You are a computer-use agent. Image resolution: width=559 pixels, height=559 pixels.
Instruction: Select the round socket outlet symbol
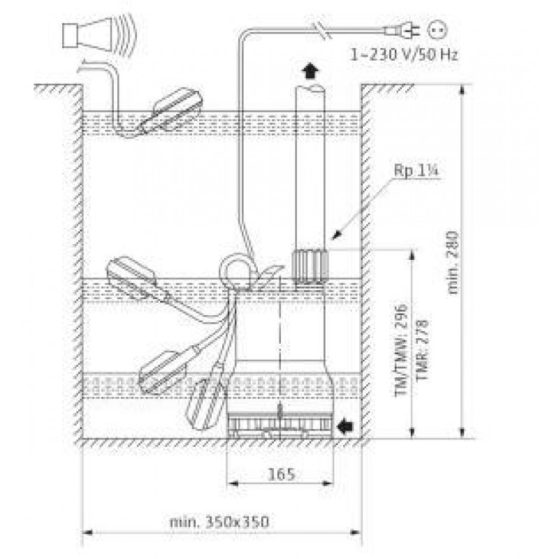tap(437, 30)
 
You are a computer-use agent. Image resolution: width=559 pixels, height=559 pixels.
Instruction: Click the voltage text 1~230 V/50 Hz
tap(404, 55)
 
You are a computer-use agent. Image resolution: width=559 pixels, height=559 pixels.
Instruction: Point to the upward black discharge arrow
tap(310, 71)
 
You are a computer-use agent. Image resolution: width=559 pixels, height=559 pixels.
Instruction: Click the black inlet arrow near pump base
tap(345, 426)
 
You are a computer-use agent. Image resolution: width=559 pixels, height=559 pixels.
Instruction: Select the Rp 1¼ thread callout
tap(416, 170)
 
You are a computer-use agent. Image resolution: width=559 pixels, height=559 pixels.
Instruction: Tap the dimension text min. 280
tap(452, 263)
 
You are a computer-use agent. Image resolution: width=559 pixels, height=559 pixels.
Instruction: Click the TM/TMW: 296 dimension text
tap(401, 350)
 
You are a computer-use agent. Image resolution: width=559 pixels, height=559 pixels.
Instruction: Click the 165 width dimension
tap(282, 474)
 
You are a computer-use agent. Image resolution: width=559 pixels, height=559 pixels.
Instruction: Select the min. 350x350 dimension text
tap(219, 522)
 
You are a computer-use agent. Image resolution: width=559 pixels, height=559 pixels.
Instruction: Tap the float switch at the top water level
tap(171, 111)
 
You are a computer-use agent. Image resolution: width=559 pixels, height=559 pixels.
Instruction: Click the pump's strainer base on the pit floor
tap(280, 426)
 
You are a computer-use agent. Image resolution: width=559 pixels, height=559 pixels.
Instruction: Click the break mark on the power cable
tap(323, 31)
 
